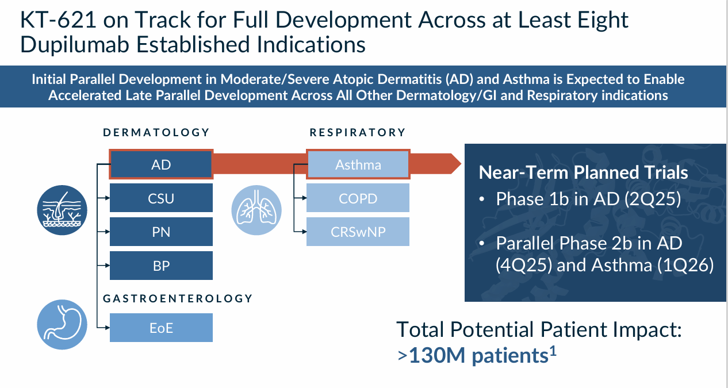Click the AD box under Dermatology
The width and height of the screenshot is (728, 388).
click(161, 165)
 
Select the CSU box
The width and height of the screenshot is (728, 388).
click(161, 198)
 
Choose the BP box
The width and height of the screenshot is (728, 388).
click(161, 266)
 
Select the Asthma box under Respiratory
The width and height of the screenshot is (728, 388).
click(358, 165)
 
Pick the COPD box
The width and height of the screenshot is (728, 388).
click(358, 198)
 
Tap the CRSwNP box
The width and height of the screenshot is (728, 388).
click(358, 232)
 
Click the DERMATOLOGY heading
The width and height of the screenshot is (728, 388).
click(156, 133)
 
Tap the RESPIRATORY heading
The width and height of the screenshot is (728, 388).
click(358, 133)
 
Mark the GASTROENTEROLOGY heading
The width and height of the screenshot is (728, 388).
click(178, 298)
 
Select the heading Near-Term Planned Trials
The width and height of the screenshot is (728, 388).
click(584, 172)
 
